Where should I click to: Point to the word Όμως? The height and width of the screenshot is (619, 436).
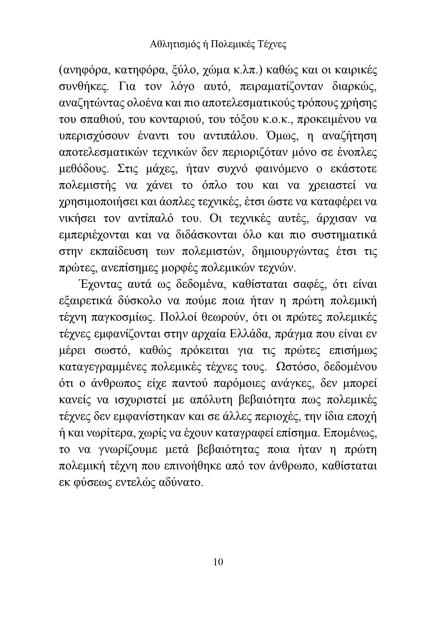coord(282,136)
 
